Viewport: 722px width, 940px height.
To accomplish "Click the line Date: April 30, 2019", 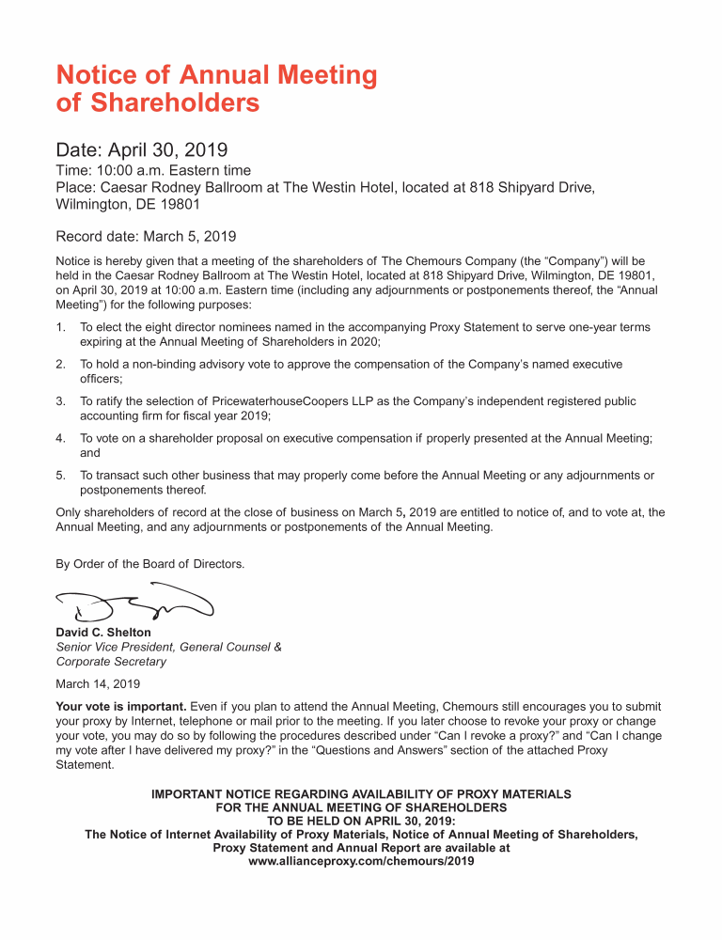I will (x=142, y=149).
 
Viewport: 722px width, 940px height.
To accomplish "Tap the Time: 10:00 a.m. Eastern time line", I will (x=153, y=170).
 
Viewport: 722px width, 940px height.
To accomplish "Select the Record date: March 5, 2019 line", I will (x=146, y=236).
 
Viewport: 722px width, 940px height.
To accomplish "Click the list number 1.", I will (x=60, y=327).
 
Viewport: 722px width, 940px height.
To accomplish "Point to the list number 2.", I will (x=60, y=364).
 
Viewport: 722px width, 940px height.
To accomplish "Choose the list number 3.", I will (x=60, y=401).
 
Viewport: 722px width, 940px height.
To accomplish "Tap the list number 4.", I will (x=60, y=438).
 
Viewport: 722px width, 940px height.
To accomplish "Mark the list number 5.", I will (x=60, y=476).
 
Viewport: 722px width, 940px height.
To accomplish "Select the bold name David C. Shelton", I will (x=103, y=633).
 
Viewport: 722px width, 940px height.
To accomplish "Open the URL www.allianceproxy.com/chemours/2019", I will (x=361, y=860).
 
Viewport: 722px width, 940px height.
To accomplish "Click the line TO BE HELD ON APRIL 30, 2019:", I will (x=361, y=820).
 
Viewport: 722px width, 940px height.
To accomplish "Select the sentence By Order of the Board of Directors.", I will (x=150, y=564).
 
